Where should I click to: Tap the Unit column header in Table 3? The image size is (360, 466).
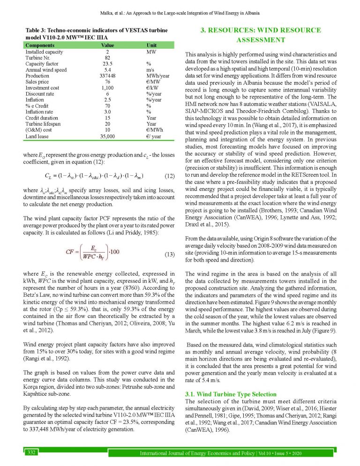pyautogui.click(x=152, y=45)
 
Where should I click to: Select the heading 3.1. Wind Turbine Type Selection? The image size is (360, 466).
pyautogui.click(x=224, y=394)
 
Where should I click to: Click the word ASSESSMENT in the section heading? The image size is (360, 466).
pyautogui.click(x=261, y=40)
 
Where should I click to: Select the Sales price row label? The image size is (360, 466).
pyautogui.click(x=38, y=82)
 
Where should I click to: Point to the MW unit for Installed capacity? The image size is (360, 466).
pyautogui.click(x=151, y=51)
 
